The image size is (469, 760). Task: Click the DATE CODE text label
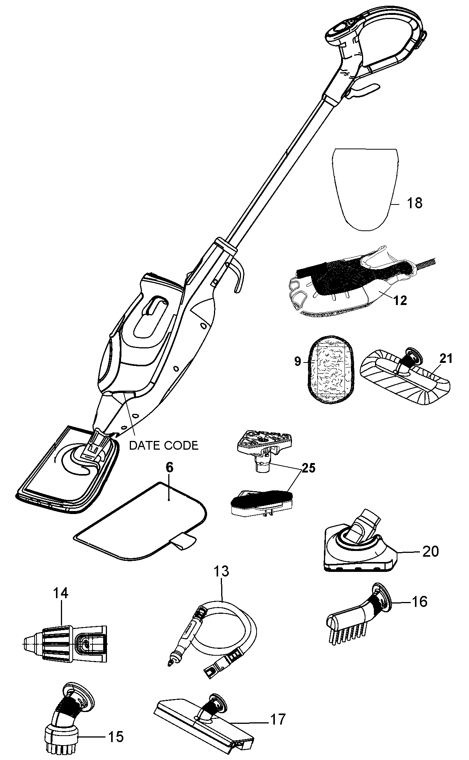(x=164, y=445)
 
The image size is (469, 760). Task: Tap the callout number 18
(x=415, y=203)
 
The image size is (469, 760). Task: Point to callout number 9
(x=297, y=361)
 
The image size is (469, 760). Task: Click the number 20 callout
(x=431, y=551)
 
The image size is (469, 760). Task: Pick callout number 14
(x=61, y=593)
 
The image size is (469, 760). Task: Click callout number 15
(x=116, y=737)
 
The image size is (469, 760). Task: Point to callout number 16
(x=419, y=602)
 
